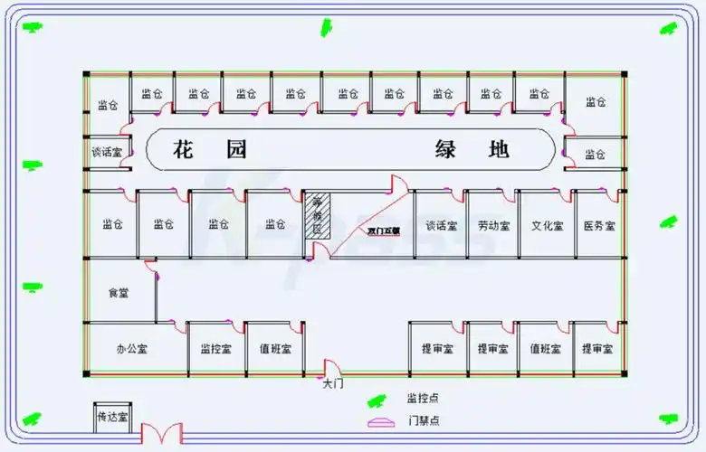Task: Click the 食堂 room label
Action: pos(119,293)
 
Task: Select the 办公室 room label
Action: pos(132,348)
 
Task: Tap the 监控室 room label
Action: pos(216,348)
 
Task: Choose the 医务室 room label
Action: pos(598,225)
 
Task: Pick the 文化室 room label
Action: pos(547,225)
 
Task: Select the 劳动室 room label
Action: pos(493,225)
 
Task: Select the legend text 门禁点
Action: pos(423,420)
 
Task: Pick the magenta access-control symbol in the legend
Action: pos(381,422)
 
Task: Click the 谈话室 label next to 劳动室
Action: pos(441,225)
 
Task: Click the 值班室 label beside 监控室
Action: pos(274,348)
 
